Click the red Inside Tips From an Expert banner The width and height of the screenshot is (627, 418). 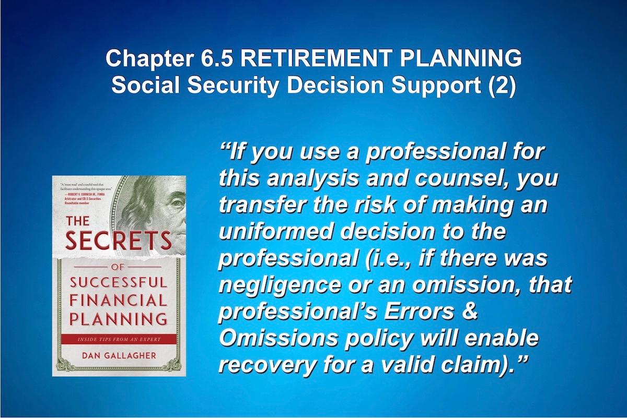[x=118, y=338]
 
